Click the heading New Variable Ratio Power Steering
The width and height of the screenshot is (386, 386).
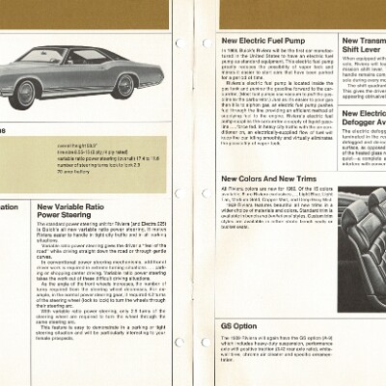pos(77,211)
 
